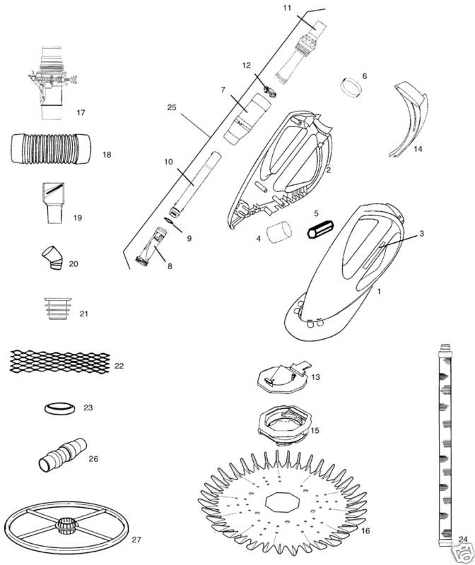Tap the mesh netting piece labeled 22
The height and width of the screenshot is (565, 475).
tap(60, 362)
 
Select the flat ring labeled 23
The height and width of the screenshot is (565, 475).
tap(60, 409)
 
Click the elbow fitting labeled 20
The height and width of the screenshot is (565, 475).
tap(52, 258)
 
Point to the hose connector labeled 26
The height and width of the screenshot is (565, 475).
tap(62, 455)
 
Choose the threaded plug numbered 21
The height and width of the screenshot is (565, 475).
tap(58, 309)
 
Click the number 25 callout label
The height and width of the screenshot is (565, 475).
tap(172, 107)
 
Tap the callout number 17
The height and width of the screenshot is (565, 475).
tap(81, 112)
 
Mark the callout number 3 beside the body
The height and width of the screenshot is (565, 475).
tap(421, 234)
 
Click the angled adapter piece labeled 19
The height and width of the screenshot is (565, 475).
tap(53, 203)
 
